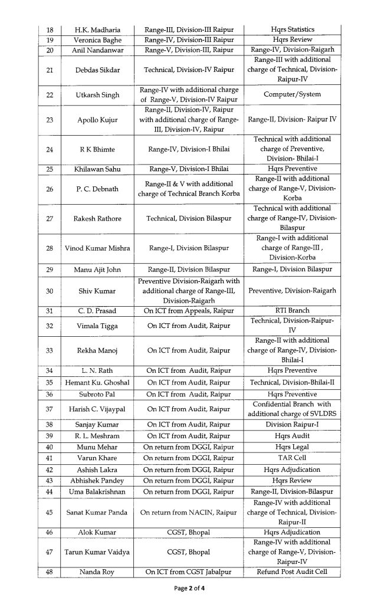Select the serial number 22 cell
50,95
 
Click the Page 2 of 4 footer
188,588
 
